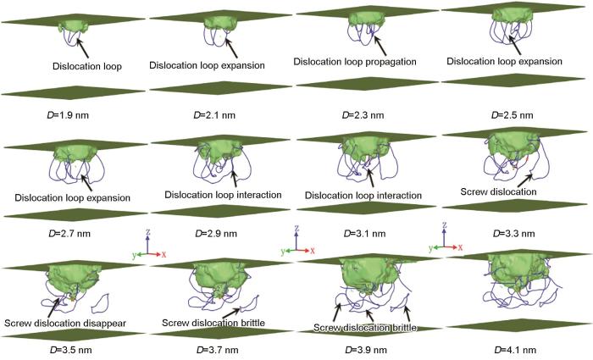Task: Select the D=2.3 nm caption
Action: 363,115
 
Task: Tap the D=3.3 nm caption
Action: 514,233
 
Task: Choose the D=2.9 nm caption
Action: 216,233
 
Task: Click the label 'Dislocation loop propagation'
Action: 355,62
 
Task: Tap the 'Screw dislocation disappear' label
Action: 65,324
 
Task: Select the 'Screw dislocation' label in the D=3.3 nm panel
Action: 498,191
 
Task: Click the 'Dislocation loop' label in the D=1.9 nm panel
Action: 87,66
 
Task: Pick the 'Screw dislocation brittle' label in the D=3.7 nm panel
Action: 213,323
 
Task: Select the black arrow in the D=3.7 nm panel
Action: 231,313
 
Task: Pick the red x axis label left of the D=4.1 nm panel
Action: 460,248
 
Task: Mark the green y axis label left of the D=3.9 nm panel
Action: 283,252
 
